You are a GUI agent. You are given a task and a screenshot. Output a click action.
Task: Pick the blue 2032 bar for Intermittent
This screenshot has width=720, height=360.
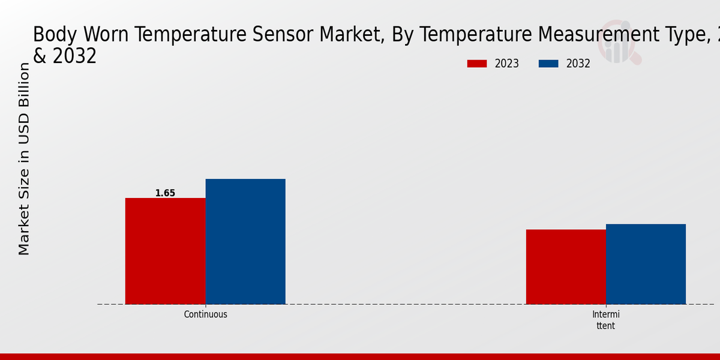coord(646,264)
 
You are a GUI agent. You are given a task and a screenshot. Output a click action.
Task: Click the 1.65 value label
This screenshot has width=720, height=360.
coord(165,193)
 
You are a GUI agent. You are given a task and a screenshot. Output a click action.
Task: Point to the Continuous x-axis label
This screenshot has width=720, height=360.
coord(205,314)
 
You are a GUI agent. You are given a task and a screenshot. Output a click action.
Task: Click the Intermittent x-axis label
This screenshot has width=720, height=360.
coord(605,320)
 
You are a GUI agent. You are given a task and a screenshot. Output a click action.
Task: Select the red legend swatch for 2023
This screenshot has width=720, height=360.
coord(477,64)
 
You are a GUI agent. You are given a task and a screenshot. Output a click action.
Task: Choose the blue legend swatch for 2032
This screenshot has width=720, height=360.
coord(548,64)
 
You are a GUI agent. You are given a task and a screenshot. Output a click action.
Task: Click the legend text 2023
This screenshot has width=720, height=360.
coord(507,64)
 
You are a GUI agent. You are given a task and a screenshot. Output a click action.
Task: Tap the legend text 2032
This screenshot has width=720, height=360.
coord(578,64)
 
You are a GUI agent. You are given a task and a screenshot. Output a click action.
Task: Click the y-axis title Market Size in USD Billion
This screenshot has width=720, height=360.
coord(24,159)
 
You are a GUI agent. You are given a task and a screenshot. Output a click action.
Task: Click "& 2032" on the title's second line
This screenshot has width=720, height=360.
coord(65,56)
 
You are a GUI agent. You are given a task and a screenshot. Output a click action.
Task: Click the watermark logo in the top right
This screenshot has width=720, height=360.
coord(618,39)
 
